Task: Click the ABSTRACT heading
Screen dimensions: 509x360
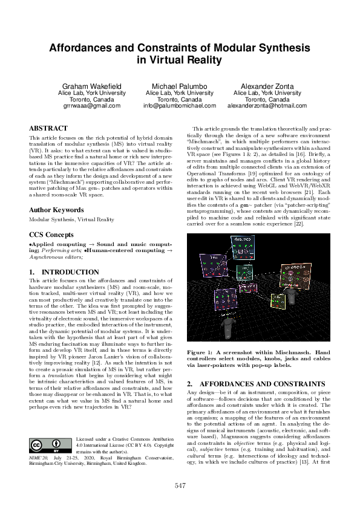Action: point(48,129)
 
